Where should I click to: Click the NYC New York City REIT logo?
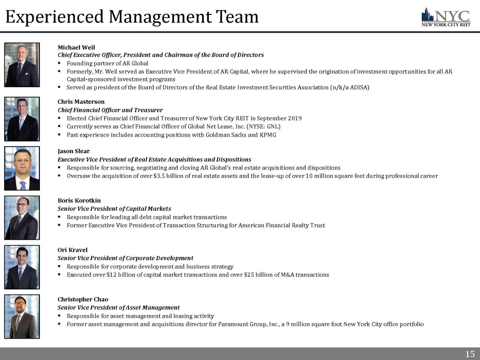click(x=445, y=17)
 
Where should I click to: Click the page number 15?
click(x=470, y=354)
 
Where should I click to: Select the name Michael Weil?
click(x=76, y=47)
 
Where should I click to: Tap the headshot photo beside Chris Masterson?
click(x=22, y=119)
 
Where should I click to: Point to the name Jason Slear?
click(x=74, y=151)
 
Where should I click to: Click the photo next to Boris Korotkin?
click(x=22, y=218)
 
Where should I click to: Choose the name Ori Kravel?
click(x=73, y=250)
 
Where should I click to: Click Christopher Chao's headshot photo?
click(x=22, y=317)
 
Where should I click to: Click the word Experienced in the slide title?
click(x=55, y=17)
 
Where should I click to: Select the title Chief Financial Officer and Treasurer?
click(x=110, y=110)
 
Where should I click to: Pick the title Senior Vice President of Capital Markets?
click(x=114, y=209)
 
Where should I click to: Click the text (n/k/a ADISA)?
click(x=349, y=88)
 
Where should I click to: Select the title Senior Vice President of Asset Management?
click(x=119, y=307)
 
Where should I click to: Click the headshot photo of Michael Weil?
click(x=22, y=64)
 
